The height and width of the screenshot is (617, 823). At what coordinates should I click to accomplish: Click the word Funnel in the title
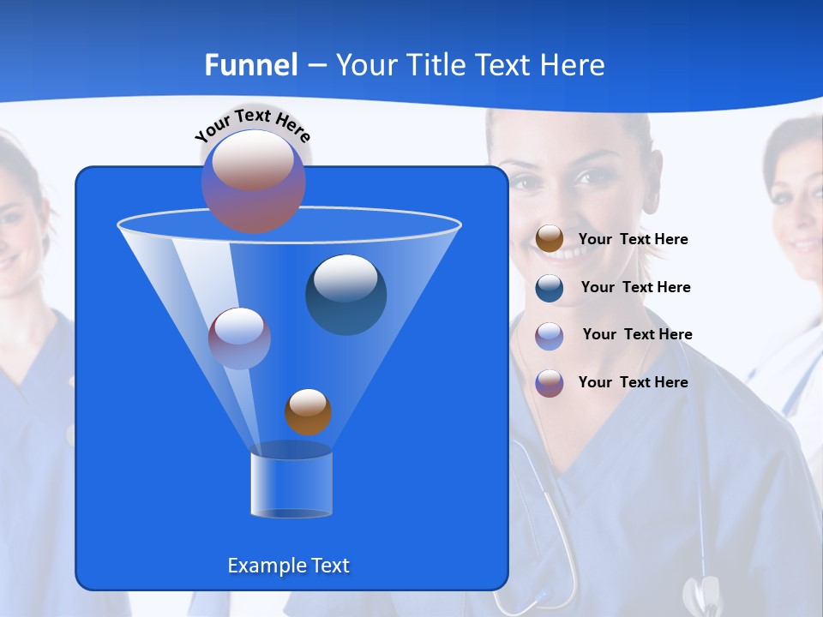point(251,65)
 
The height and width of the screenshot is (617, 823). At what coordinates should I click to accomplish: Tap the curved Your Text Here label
point(253,125)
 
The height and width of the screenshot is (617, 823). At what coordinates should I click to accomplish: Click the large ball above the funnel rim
point(254,181)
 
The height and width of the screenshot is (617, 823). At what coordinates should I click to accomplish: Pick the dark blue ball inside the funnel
point(346,295)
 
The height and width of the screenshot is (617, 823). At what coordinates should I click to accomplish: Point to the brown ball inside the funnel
point(308,411)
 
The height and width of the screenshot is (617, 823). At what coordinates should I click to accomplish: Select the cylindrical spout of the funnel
point(291,484)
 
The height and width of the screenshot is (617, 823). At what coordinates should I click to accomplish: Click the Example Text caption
point(289,566)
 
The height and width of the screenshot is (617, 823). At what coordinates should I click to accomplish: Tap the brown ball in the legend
point(550,239)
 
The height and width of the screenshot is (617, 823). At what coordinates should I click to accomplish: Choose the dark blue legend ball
point(550,288)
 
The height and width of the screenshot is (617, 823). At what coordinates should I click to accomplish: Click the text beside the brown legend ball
point(633,239)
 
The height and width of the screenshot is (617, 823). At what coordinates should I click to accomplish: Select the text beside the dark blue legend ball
point(635,287)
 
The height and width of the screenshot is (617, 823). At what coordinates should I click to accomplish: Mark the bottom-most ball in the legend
point(550,383)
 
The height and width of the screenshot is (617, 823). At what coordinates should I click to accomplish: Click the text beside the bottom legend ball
point(633,382)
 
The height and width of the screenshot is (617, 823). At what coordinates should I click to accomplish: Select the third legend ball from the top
point(550,336)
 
